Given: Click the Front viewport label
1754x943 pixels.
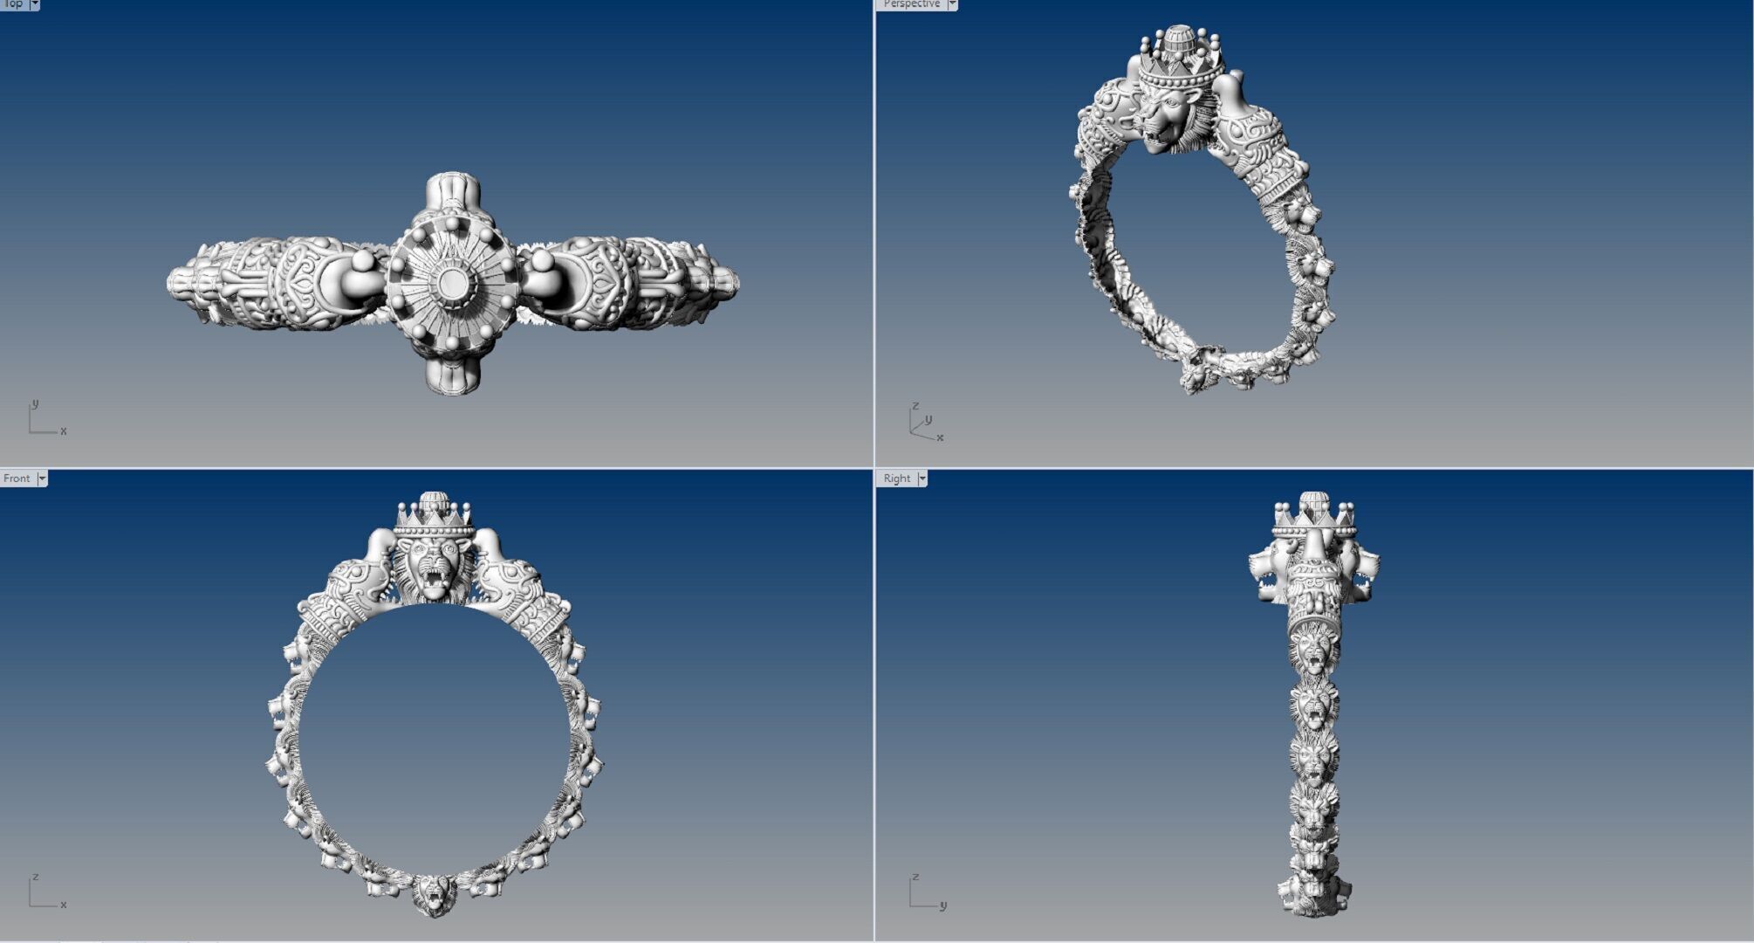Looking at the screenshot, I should coord(17,478).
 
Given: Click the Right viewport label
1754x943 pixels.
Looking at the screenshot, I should coord(896,478).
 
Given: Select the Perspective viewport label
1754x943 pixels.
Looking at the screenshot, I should coord(911,4).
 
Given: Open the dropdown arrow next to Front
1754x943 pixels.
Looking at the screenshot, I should coord(42,478).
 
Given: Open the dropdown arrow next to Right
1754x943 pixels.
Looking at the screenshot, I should coord(922,478).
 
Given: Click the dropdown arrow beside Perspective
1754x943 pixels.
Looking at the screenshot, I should coord(952,4).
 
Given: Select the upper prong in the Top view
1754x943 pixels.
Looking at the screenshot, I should coord(452,192).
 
